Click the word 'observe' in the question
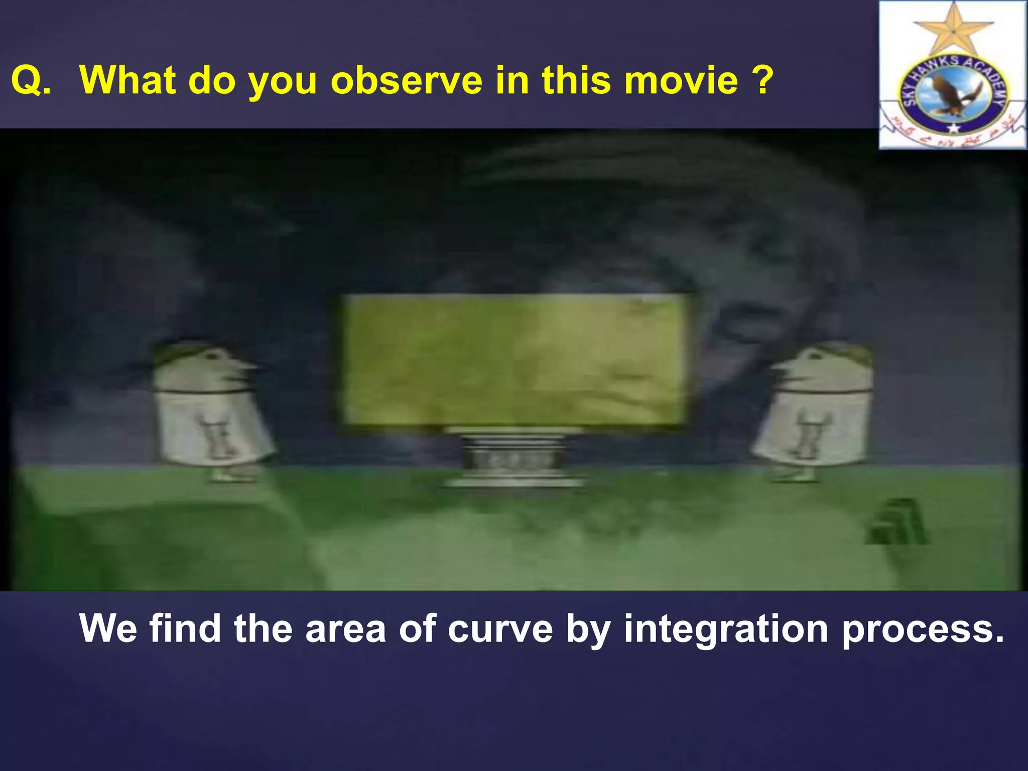407,80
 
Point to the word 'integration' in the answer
725,629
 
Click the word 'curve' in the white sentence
500,629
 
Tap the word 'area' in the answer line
345,629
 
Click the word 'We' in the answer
108,629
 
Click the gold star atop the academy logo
953,30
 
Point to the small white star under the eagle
953,128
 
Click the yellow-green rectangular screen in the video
515,360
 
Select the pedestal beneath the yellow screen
515,458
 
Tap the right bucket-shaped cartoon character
816,409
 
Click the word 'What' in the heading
127,80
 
